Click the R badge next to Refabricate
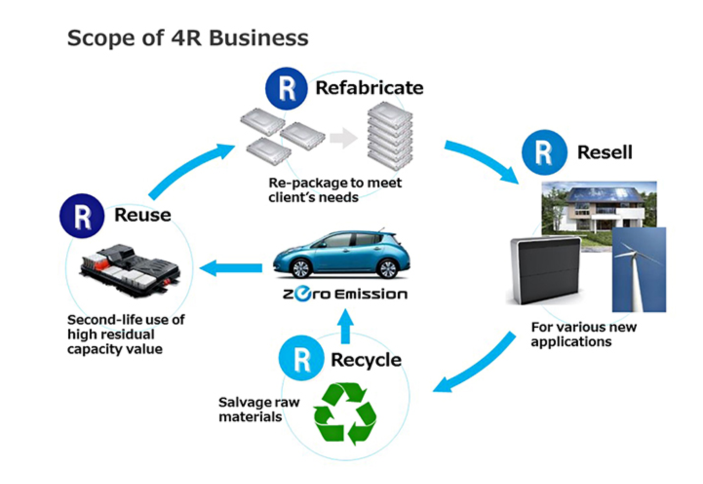(x=286, y=88)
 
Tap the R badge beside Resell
(x=544, y=152)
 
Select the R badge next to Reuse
(x=82, y=216)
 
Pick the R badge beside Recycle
(x=301, y=358)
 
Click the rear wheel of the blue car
(x=388, y=268)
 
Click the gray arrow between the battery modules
(x=343, y=138)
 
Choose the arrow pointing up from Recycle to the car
(x=346, y=325)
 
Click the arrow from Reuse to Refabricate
(x=190, y=168)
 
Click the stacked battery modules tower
(x=390, y=135)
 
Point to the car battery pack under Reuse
(x=129, y=270)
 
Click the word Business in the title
(x=259, y=38)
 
